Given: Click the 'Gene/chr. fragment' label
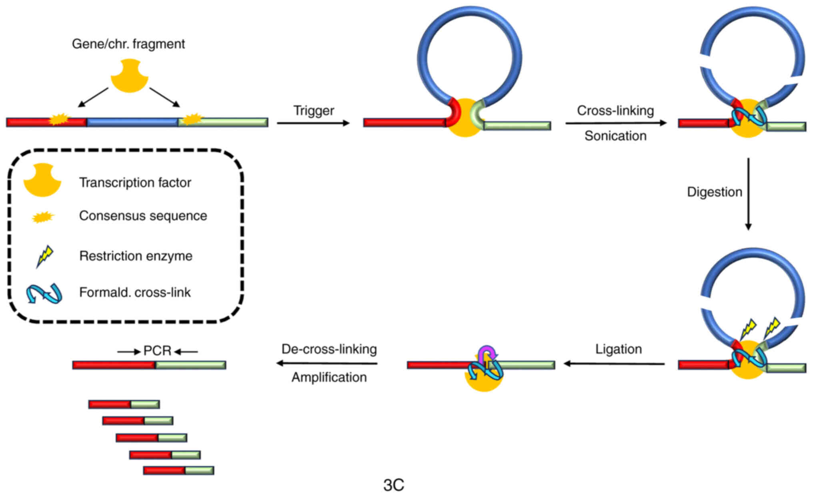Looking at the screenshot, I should (128, 44).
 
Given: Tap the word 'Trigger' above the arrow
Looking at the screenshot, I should (314, 111).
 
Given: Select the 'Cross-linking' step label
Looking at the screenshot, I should (615, 111).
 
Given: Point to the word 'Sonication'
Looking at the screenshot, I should (615, 136).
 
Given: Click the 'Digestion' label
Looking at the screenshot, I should (714, 192).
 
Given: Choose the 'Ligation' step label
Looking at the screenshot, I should (619, 349).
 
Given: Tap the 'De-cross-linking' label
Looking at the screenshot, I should (329, 349).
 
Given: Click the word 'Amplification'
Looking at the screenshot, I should (329, 377).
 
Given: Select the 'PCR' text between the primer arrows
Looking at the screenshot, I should (157, 351).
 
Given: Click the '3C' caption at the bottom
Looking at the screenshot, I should (394, 485).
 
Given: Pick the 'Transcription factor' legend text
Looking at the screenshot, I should (135, 183).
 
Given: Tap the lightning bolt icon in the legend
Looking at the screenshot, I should (44, 256).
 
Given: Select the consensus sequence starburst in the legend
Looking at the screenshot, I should (43, 217).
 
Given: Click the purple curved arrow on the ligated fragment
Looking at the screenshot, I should (487, 352).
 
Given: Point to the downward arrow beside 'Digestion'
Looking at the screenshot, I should (748, 194).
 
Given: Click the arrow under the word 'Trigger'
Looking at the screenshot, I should (313, 123).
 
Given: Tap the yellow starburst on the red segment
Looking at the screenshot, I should (59, 119).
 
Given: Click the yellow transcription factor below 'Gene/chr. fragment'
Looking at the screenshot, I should (129, 76).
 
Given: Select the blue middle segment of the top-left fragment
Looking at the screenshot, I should (132, 122).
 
